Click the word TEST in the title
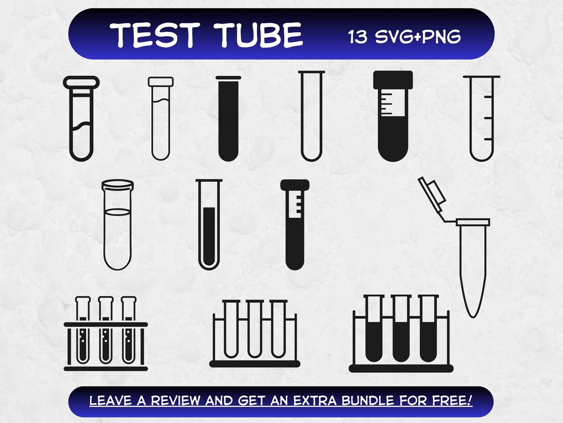(156, 35)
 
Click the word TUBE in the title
(261, 35)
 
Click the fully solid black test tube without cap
(228, 120)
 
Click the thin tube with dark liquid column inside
(209, 225)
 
